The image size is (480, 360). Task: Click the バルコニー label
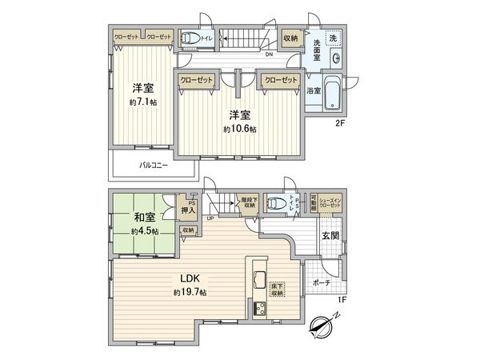153,166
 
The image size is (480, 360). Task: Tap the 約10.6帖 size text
239,128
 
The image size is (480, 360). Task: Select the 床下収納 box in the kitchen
274,290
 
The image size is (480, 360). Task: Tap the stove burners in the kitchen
259,310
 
